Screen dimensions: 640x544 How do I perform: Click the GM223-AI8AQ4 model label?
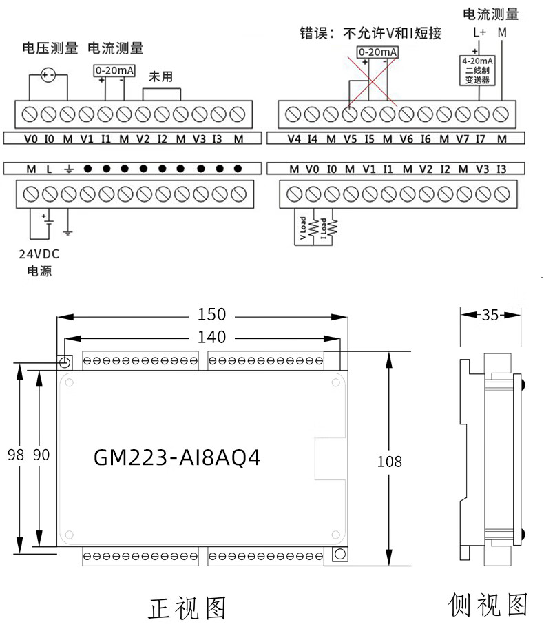click(177, 458)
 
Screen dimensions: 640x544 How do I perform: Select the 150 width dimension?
click(211, 314)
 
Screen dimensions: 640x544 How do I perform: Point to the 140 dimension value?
click(211, 337)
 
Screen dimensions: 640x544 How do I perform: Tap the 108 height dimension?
click(389, 461)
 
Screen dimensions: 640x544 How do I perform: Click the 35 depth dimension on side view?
click(490, 315)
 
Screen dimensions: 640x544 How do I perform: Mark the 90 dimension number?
click(41, 455)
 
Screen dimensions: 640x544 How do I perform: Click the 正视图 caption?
click(187, 608)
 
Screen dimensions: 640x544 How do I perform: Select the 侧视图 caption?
click(488, 605)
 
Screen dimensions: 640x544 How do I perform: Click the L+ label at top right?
click(479, 32)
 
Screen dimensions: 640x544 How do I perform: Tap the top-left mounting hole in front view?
click(65, 362)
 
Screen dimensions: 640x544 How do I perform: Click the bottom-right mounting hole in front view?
click(338, 555)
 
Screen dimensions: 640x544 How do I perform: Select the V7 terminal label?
click(462, 139)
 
